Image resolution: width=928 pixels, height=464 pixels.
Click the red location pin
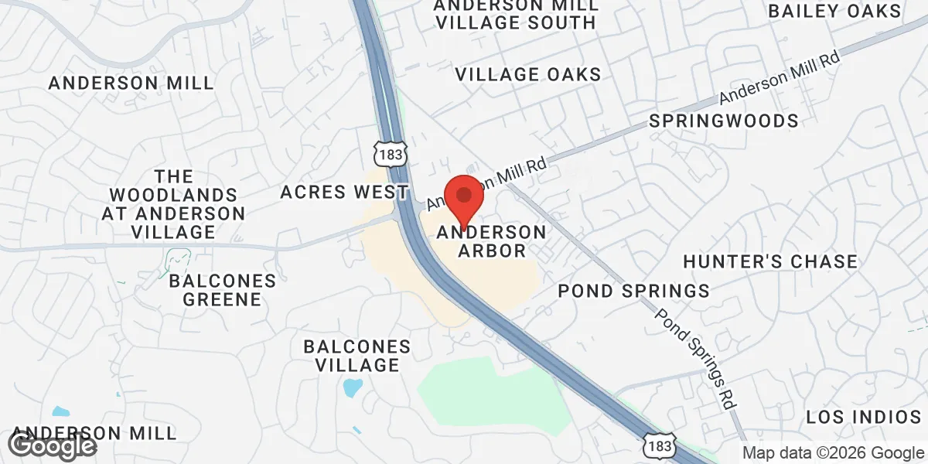pyautogui.click(x=463, y=198)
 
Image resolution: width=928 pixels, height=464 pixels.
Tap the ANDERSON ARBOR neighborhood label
pyautogui.click(x=492, y=241)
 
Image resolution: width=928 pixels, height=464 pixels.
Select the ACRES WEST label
pyautogui.click(x=344, y=191)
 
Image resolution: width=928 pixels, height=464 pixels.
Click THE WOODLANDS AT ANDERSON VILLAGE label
pyautogui.click(x=173, y=204)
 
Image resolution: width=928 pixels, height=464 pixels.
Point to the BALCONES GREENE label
pyautogui.click(x=222, y=289)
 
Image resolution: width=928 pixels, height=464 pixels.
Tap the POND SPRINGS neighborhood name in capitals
pyautogui.click(x=633, y=291)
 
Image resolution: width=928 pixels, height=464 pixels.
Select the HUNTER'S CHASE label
pyautogui.click(x=769, y=261)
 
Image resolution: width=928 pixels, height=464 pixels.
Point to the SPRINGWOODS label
pyautogui.click(x=723, y=121)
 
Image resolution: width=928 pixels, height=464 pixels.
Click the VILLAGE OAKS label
pyautogui.click(x=527, y=74)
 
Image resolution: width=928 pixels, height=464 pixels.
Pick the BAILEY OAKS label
pyautogui.click(x=834, y=11)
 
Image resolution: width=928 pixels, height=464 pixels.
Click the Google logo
pyautogui.click(x=53, y=445)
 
